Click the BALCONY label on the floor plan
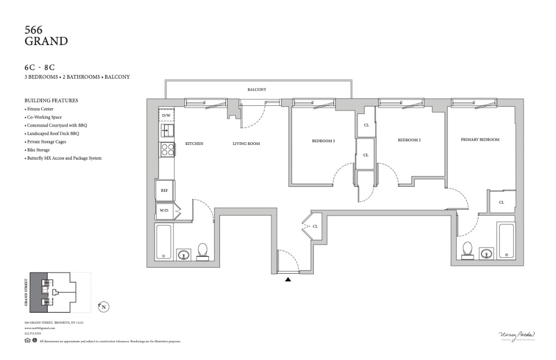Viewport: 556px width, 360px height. pos(257,90)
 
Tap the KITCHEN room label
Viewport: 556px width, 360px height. pos(194,144)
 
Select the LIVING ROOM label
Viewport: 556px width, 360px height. pos(247,144)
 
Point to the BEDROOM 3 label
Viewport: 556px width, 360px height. pos(323,141)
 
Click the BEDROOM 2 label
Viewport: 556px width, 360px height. pos(409,140)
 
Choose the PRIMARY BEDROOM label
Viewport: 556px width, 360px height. pos(480,140)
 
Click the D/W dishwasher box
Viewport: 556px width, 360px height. pos(166,116)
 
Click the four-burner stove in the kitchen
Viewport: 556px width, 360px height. pos(167,149)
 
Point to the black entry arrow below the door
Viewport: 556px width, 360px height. pos(288,280)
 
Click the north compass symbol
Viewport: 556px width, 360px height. pos(103,307)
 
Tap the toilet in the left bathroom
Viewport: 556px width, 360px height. pos(203,251)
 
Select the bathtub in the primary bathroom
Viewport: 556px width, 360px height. pos(506,241)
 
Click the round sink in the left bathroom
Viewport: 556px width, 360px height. pos(184,254)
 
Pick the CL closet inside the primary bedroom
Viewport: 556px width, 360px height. pos(501,202)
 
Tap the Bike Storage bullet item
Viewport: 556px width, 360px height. pos(38,150)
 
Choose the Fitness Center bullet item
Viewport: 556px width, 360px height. pos(40,109)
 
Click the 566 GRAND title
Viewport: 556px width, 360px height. pos(46,35)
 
